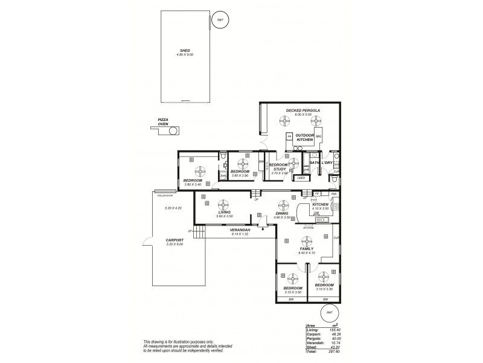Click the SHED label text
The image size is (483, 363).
[x=185, y=51]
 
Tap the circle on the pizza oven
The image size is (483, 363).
[x=173, y=130]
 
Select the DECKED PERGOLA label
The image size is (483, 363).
[x=303, y=110]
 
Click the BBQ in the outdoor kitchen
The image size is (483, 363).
[x=318, y=137]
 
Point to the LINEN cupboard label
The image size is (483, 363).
[x=301, y=178]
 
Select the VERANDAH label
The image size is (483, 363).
[x=240, y=231]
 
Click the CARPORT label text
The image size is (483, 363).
[x=175, y=240]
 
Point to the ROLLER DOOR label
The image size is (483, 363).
[x=165, y=196]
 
